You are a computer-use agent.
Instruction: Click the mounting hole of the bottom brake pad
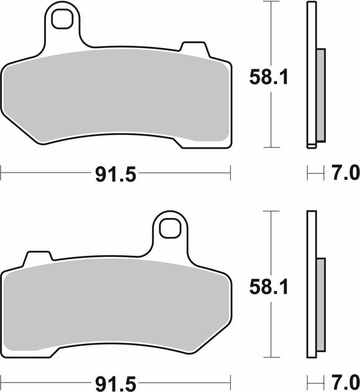[168, 228]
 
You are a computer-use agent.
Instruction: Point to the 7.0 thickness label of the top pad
[343, 172]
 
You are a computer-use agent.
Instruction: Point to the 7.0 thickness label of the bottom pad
[343, 380]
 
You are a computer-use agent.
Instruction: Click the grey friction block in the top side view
[321, 96]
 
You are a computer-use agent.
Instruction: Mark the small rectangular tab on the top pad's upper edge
[191, 48]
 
